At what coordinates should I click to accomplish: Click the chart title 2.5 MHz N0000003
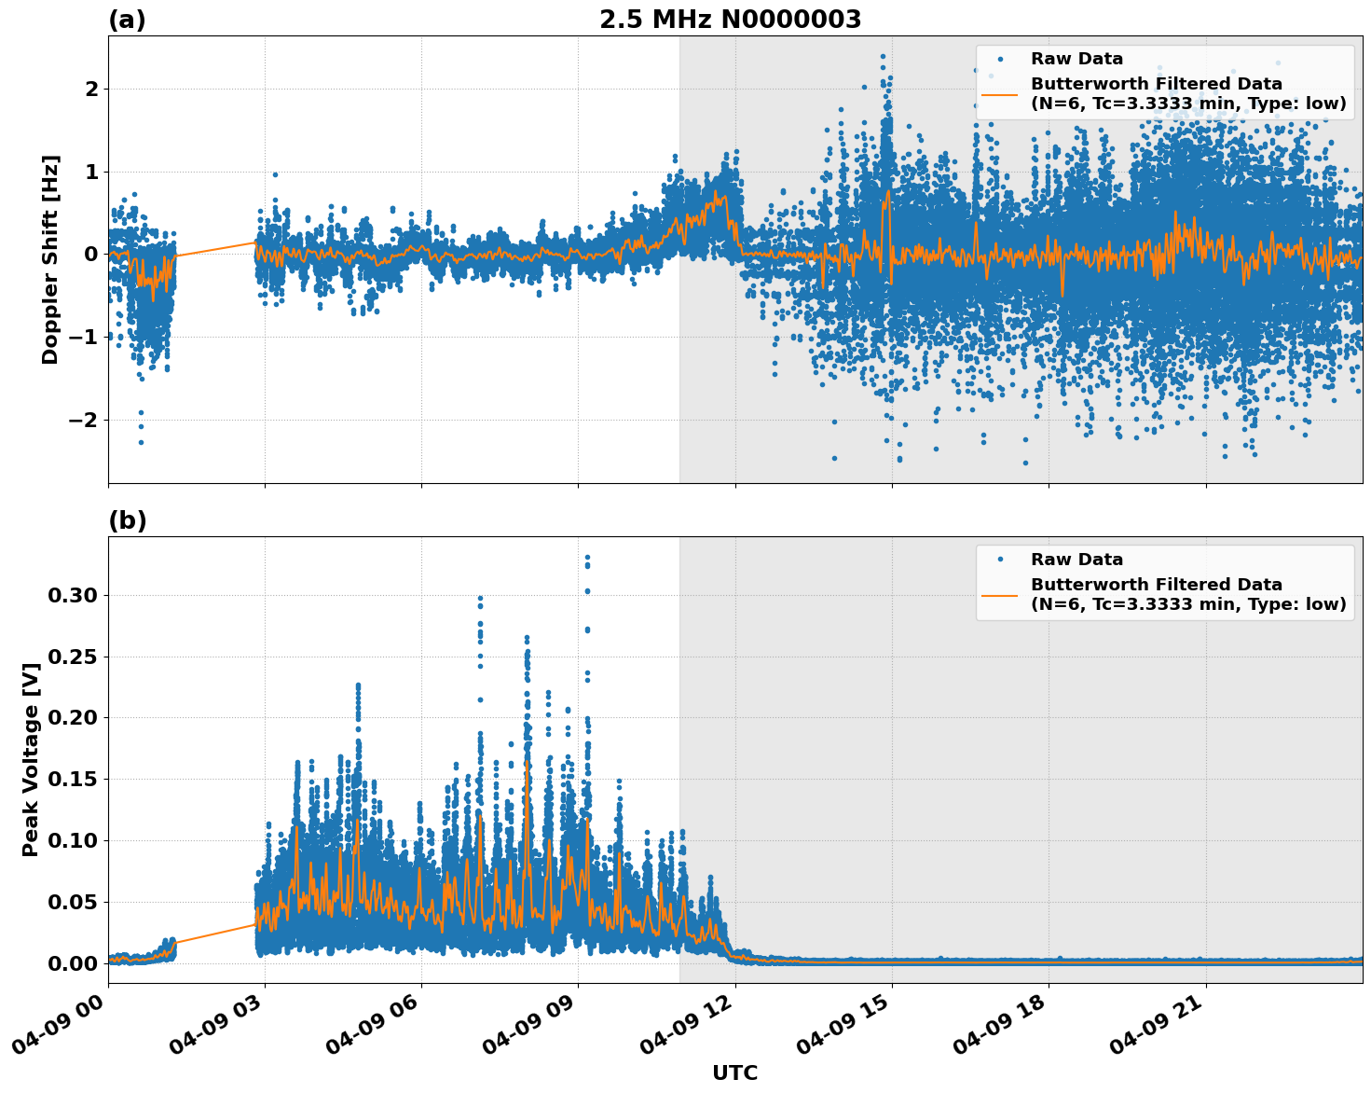[730, 20]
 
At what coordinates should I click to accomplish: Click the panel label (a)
[127, 20]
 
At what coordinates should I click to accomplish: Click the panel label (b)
[127, 520]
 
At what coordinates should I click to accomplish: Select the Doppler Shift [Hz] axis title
[50, 259]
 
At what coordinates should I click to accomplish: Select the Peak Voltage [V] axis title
[31, 759]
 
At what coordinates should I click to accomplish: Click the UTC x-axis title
[734, 1072]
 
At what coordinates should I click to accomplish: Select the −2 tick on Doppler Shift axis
[84, 420]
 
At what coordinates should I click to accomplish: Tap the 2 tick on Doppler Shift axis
[91, 90]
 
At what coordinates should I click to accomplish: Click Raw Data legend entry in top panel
[1076, 59]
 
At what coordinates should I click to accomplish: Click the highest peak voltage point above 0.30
[587, 557]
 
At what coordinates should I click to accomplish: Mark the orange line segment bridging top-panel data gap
[214, 249]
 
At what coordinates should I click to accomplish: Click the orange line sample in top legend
[999, 94]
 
